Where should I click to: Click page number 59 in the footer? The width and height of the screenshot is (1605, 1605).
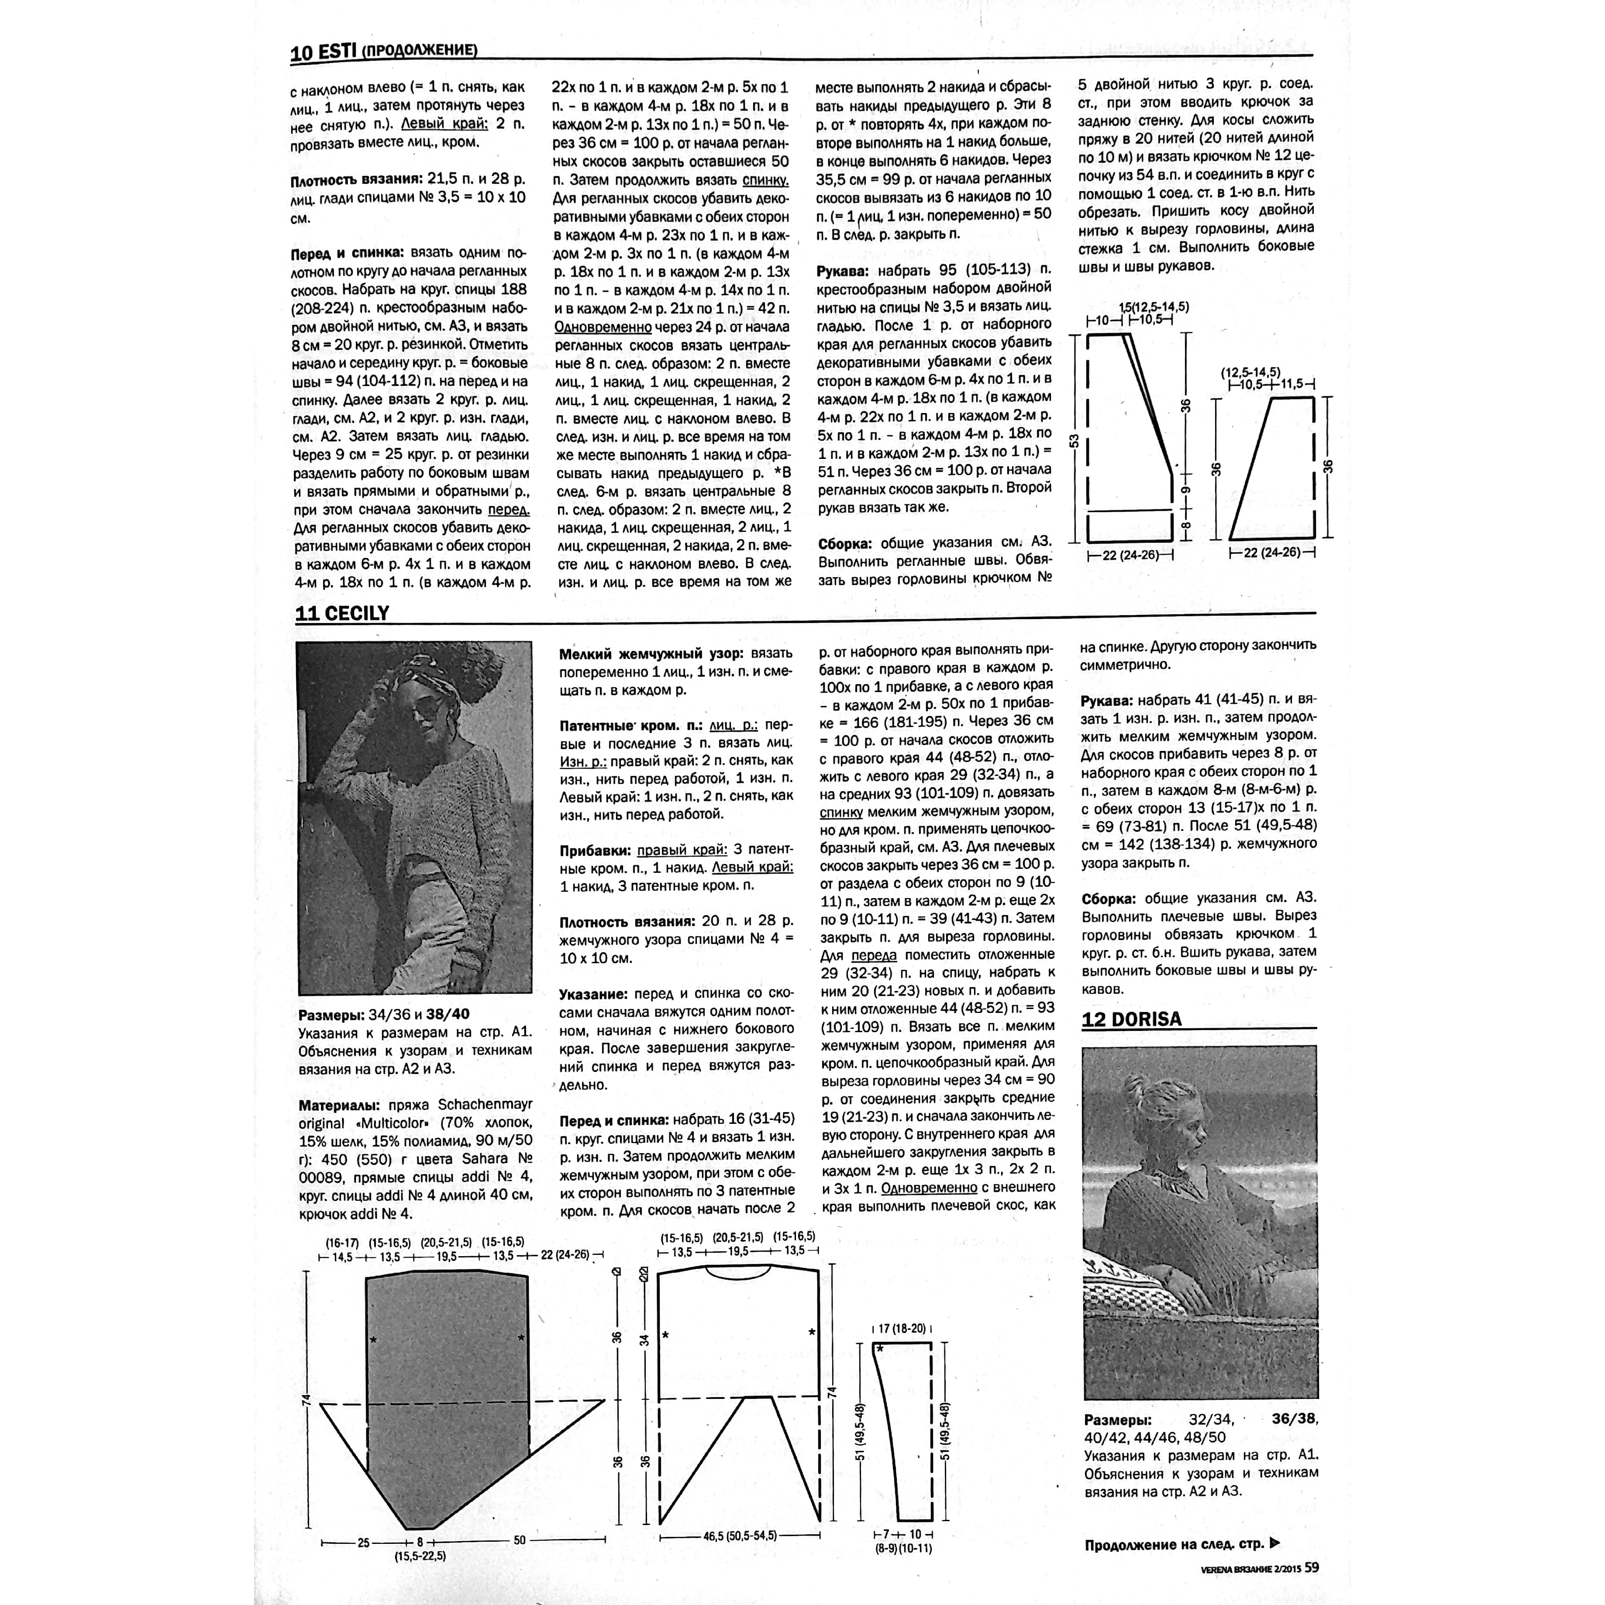tap(1312, 1567)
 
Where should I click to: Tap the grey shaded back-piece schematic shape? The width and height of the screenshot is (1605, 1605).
tap(446, 1396)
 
